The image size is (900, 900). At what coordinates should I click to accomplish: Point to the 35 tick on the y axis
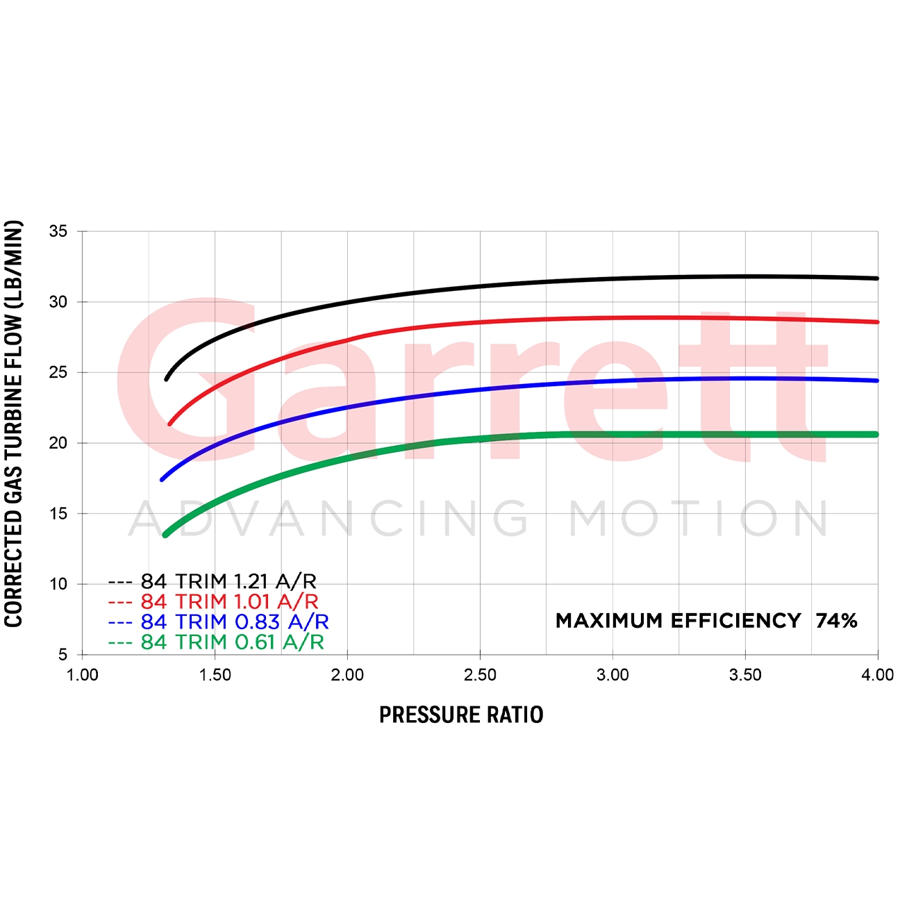(x=58, y=231)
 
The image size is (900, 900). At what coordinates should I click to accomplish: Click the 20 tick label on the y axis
(x=58, y=443)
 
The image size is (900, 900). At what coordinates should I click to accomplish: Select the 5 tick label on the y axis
(x=63, y=654)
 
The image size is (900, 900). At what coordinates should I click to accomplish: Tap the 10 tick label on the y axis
(x=58, y=584)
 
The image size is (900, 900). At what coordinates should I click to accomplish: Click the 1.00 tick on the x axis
(x=82, y=675)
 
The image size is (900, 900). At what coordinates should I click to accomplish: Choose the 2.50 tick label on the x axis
(x=480, y=675)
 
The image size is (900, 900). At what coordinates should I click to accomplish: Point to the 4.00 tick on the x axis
(x=878, y=675)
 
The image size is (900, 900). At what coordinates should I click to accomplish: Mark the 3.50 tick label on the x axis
(x=745, y=675)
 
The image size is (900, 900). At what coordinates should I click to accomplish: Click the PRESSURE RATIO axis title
(x=461, y=715)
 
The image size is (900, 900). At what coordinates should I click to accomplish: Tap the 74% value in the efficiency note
(x=836, y=620)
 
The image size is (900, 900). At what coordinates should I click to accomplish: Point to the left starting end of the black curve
(x=167, y=378)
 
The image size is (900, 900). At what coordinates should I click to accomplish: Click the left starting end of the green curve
(x=165, y=535)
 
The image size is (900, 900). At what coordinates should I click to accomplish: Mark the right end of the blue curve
(x=877, y=381)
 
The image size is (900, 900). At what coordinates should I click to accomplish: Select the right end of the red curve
(x=877, y=322)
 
